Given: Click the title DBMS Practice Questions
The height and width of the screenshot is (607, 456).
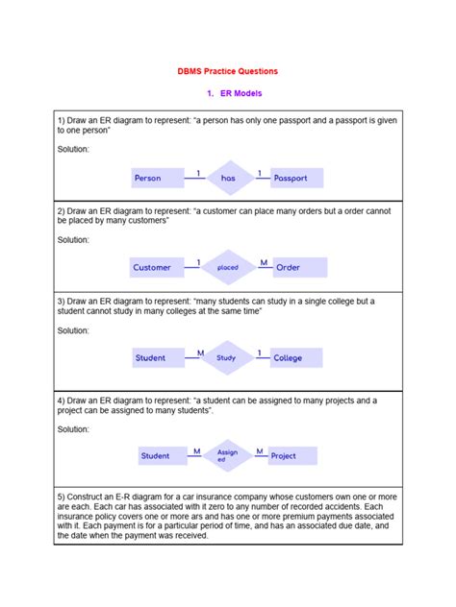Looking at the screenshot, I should (x=227, y=71).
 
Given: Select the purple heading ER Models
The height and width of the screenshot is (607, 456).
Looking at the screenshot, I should (x=234, y=93).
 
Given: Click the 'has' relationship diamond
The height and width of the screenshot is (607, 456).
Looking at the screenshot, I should (x=228, y=178).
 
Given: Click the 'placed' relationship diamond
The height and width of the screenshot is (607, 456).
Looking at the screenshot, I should (x=228, y=268).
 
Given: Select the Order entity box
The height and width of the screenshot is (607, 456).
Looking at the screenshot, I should (x=299, y=268).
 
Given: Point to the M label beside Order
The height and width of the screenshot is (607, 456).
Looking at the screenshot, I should (x=263, y=262).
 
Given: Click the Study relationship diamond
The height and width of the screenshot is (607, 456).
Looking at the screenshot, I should (x=227, y=358).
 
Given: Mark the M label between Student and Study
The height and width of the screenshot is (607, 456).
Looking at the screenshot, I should (x=200, y=352).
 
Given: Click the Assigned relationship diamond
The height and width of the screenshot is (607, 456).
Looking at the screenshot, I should (x=227, y=455).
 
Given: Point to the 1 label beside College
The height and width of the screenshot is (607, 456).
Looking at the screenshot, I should (x=259, y=352).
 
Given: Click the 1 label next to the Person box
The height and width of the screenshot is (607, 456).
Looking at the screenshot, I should (x=198, y=173).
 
